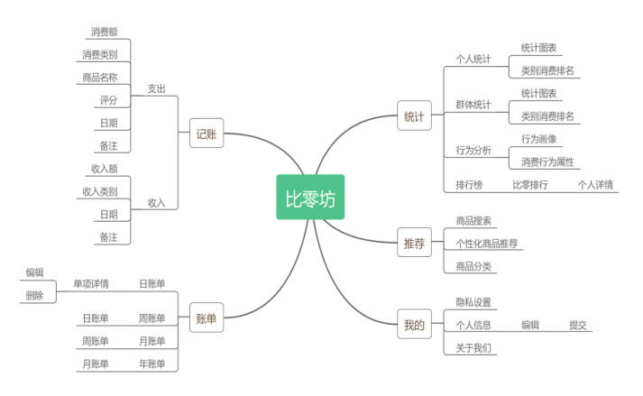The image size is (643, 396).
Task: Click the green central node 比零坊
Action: click(310, 198)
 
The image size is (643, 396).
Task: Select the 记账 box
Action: click(207, 134)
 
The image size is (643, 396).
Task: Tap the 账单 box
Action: click(207, 318)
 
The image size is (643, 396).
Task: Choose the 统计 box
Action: click(414, 116)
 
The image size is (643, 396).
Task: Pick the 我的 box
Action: click(414, 324)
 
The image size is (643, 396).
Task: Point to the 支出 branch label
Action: click(157, 88)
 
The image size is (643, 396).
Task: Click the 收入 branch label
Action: click(157, 202)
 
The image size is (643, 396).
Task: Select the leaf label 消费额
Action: click(105, 32)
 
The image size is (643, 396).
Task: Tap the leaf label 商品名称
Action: click(99, 77)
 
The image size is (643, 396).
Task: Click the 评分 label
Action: click(108, 99)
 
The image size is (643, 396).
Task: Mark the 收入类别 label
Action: click(99, 191)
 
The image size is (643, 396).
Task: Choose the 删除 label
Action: click(34, 295)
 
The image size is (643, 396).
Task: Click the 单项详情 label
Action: click(90, 283)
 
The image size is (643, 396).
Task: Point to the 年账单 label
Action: click(152, 364)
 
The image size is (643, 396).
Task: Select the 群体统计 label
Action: click(473, 105)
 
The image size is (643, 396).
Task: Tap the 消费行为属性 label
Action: click(547, 162)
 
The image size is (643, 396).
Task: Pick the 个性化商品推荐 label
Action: click(487, 244)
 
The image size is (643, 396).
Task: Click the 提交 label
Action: click(577, 325)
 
